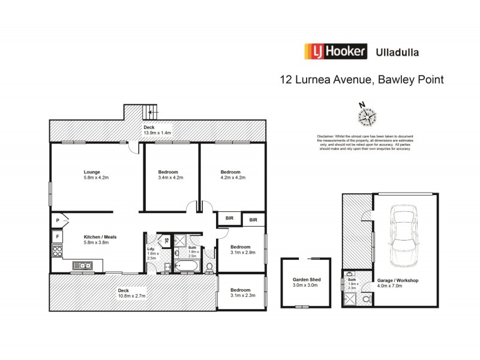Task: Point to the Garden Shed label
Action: [x=306, y=280]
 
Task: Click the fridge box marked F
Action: [x=57, y=236]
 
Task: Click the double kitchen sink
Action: [x=82, y=265]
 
